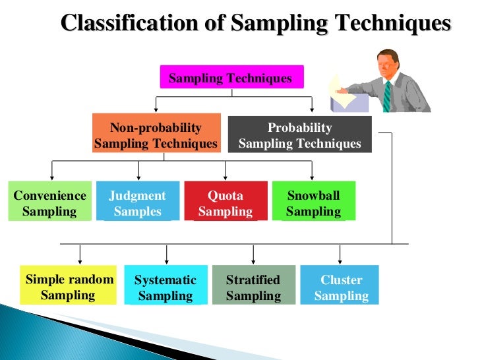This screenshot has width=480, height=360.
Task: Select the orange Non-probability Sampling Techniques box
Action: point(156,135)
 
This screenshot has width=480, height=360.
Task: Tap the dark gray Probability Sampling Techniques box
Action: point(299,135)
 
